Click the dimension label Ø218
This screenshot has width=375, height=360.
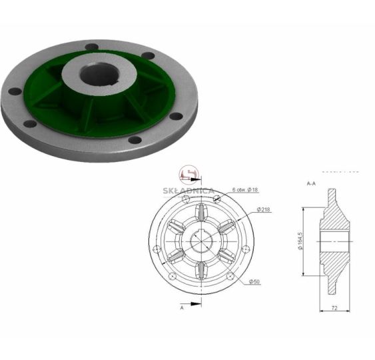click(263, 209)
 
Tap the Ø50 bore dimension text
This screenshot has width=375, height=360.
click(254, 282)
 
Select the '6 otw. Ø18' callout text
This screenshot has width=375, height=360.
click(245, 190)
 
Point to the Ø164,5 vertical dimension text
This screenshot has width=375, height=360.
click(300, 241)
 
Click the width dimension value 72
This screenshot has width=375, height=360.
click(334, 308)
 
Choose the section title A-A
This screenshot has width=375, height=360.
click(311, 183)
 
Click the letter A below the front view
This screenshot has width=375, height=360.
click(182, 307)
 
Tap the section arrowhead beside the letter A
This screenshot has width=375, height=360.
click(196, 304)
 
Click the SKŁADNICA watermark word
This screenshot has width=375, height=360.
click(188, 191)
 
